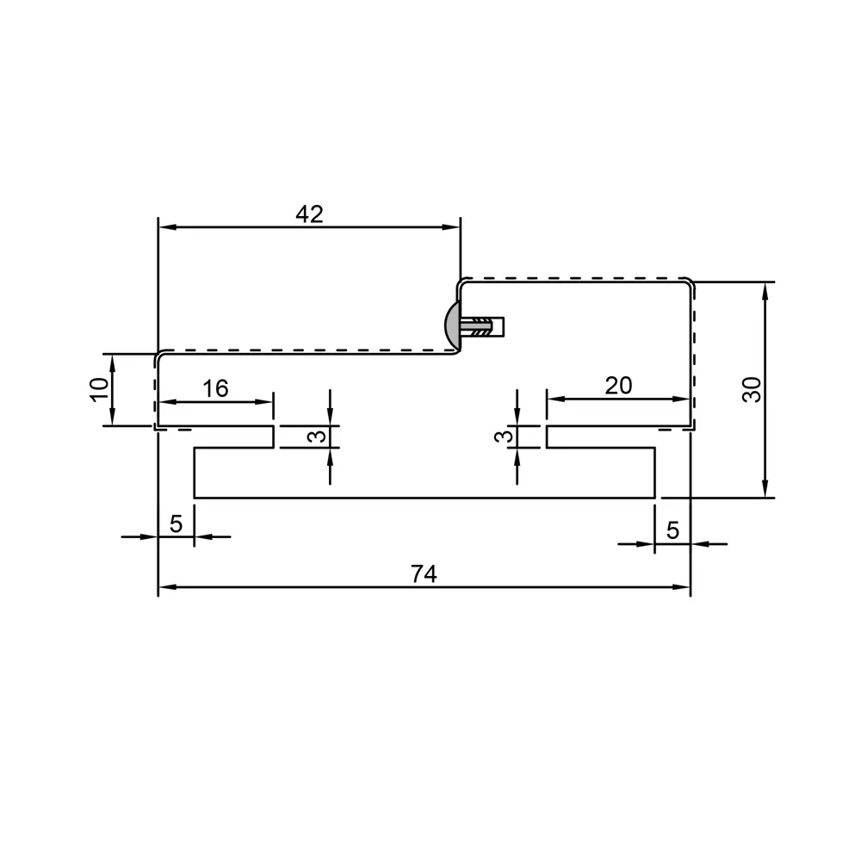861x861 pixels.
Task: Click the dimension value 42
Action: point(310,214)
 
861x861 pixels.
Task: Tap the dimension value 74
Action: point(424,574)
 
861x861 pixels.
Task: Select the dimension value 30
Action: point(753,390)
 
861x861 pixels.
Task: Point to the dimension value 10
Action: point(99,390)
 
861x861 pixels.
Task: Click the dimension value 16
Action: point(215,389)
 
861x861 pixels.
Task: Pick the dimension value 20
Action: point(618,386)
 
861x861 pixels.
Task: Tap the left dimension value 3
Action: point(317,437)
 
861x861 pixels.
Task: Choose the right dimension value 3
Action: point(504,437)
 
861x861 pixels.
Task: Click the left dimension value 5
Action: point(176,523)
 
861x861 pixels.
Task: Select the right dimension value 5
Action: point(672,530)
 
